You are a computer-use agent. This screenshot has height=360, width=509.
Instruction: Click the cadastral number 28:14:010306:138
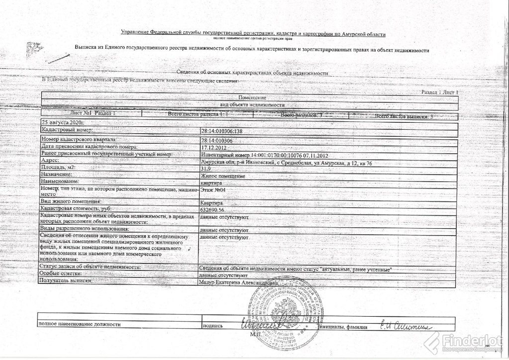coord(222,131)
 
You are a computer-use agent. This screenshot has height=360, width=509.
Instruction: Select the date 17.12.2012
coord(212,147)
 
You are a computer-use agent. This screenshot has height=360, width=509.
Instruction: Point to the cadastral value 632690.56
coord(211,210)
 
